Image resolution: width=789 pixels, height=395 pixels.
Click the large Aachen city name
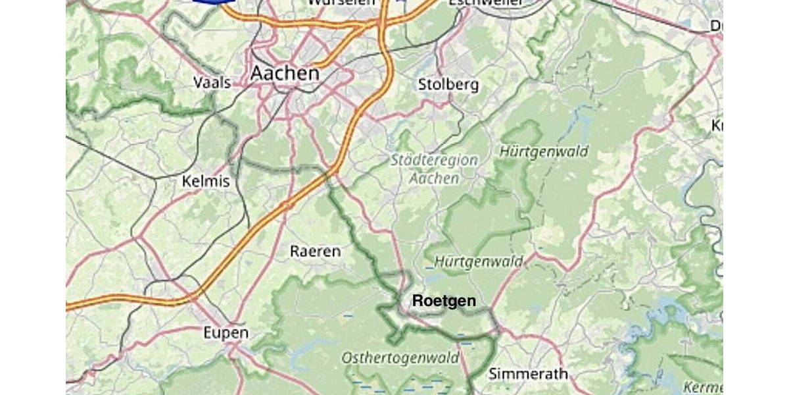[x=285, y=74]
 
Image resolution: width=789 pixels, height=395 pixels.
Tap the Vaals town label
[x=212, y=83]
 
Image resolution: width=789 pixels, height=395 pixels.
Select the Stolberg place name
[x=448, y=85]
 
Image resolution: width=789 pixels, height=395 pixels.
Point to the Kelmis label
[x=206, y=181]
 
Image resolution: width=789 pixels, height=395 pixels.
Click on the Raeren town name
[x=316, y=251]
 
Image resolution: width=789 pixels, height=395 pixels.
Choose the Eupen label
[x=226, y=332]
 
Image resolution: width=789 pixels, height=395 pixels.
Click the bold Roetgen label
[x=443, y=301]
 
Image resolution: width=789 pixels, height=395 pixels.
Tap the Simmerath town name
[x=528, y=374]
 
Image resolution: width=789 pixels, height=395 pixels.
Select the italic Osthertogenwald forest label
[x=400, y=358]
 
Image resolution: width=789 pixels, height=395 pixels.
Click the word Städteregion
[x=434, y=160]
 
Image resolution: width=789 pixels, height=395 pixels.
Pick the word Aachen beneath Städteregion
[x=434, y=178]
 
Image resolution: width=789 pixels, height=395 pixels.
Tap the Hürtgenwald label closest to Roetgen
[x=479, y=261]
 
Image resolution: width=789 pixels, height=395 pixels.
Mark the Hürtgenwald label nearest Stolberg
[x=544, y=151]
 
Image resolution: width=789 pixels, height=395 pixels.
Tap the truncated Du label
[x=716, y=26]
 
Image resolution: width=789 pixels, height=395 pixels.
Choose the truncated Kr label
[x=717, y=125]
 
